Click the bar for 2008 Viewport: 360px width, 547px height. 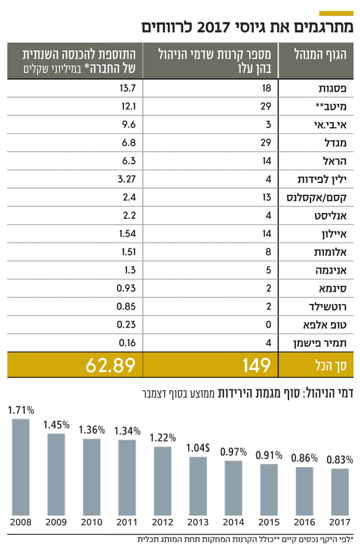click(x=21, y=467)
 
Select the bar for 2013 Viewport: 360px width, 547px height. click(x=198, y=487)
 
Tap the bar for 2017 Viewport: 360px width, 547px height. click(x=340, y=492)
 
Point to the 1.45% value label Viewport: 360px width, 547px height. click(x=56, y=425)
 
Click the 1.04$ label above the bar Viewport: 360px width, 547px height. click(x=198, y=447)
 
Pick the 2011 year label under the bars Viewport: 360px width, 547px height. click(x=127, y=522)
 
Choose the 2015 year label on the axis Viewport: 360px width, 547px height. click(x=269, y=522)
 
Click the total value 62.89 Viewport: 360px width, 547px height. click(x=110, y=365)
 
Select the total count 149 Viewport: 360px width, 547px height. click(x=257, y=365)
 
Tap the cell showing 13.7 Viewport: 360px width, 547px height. click(x=128, y=89)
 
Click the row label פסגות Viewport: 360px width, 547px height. click(x=333, y=89)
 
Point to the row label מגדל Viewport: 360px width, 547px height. click(x=335, y=143)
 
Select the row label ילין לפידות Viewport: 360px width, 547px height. click(x=322, y=179)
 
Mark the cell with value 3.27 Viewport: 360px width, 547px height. click(x=127, y=179)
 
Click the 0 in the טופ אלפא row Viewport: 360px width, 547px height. click(x=268, y=324)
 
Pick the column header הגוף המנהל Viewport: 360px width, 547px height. click(x=320, y=54)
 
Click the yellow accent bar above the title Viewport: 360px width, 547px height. click(x=336, y=13)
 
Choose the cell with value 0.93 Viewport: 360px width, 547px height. click(x=126, y=288)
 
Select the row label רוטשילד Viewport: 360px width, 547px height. click(x=328, y=306)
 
